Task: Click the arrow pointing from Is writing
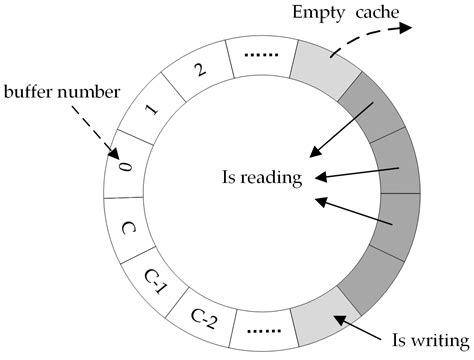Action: pos(358,324)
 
